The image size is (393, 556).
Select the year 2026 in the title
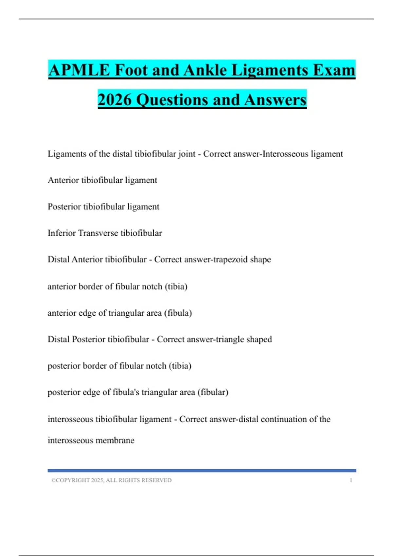point(114,100)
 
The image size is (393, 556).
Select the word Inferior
point(62,233)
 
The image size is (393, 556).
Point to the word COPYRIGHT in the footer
point(73,480)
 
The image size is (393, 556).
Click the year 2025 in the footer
point(97,480)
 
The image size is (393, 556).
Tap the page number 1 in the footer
point(351,480)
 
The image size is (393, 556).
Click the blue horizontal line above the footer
point(202,471)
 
